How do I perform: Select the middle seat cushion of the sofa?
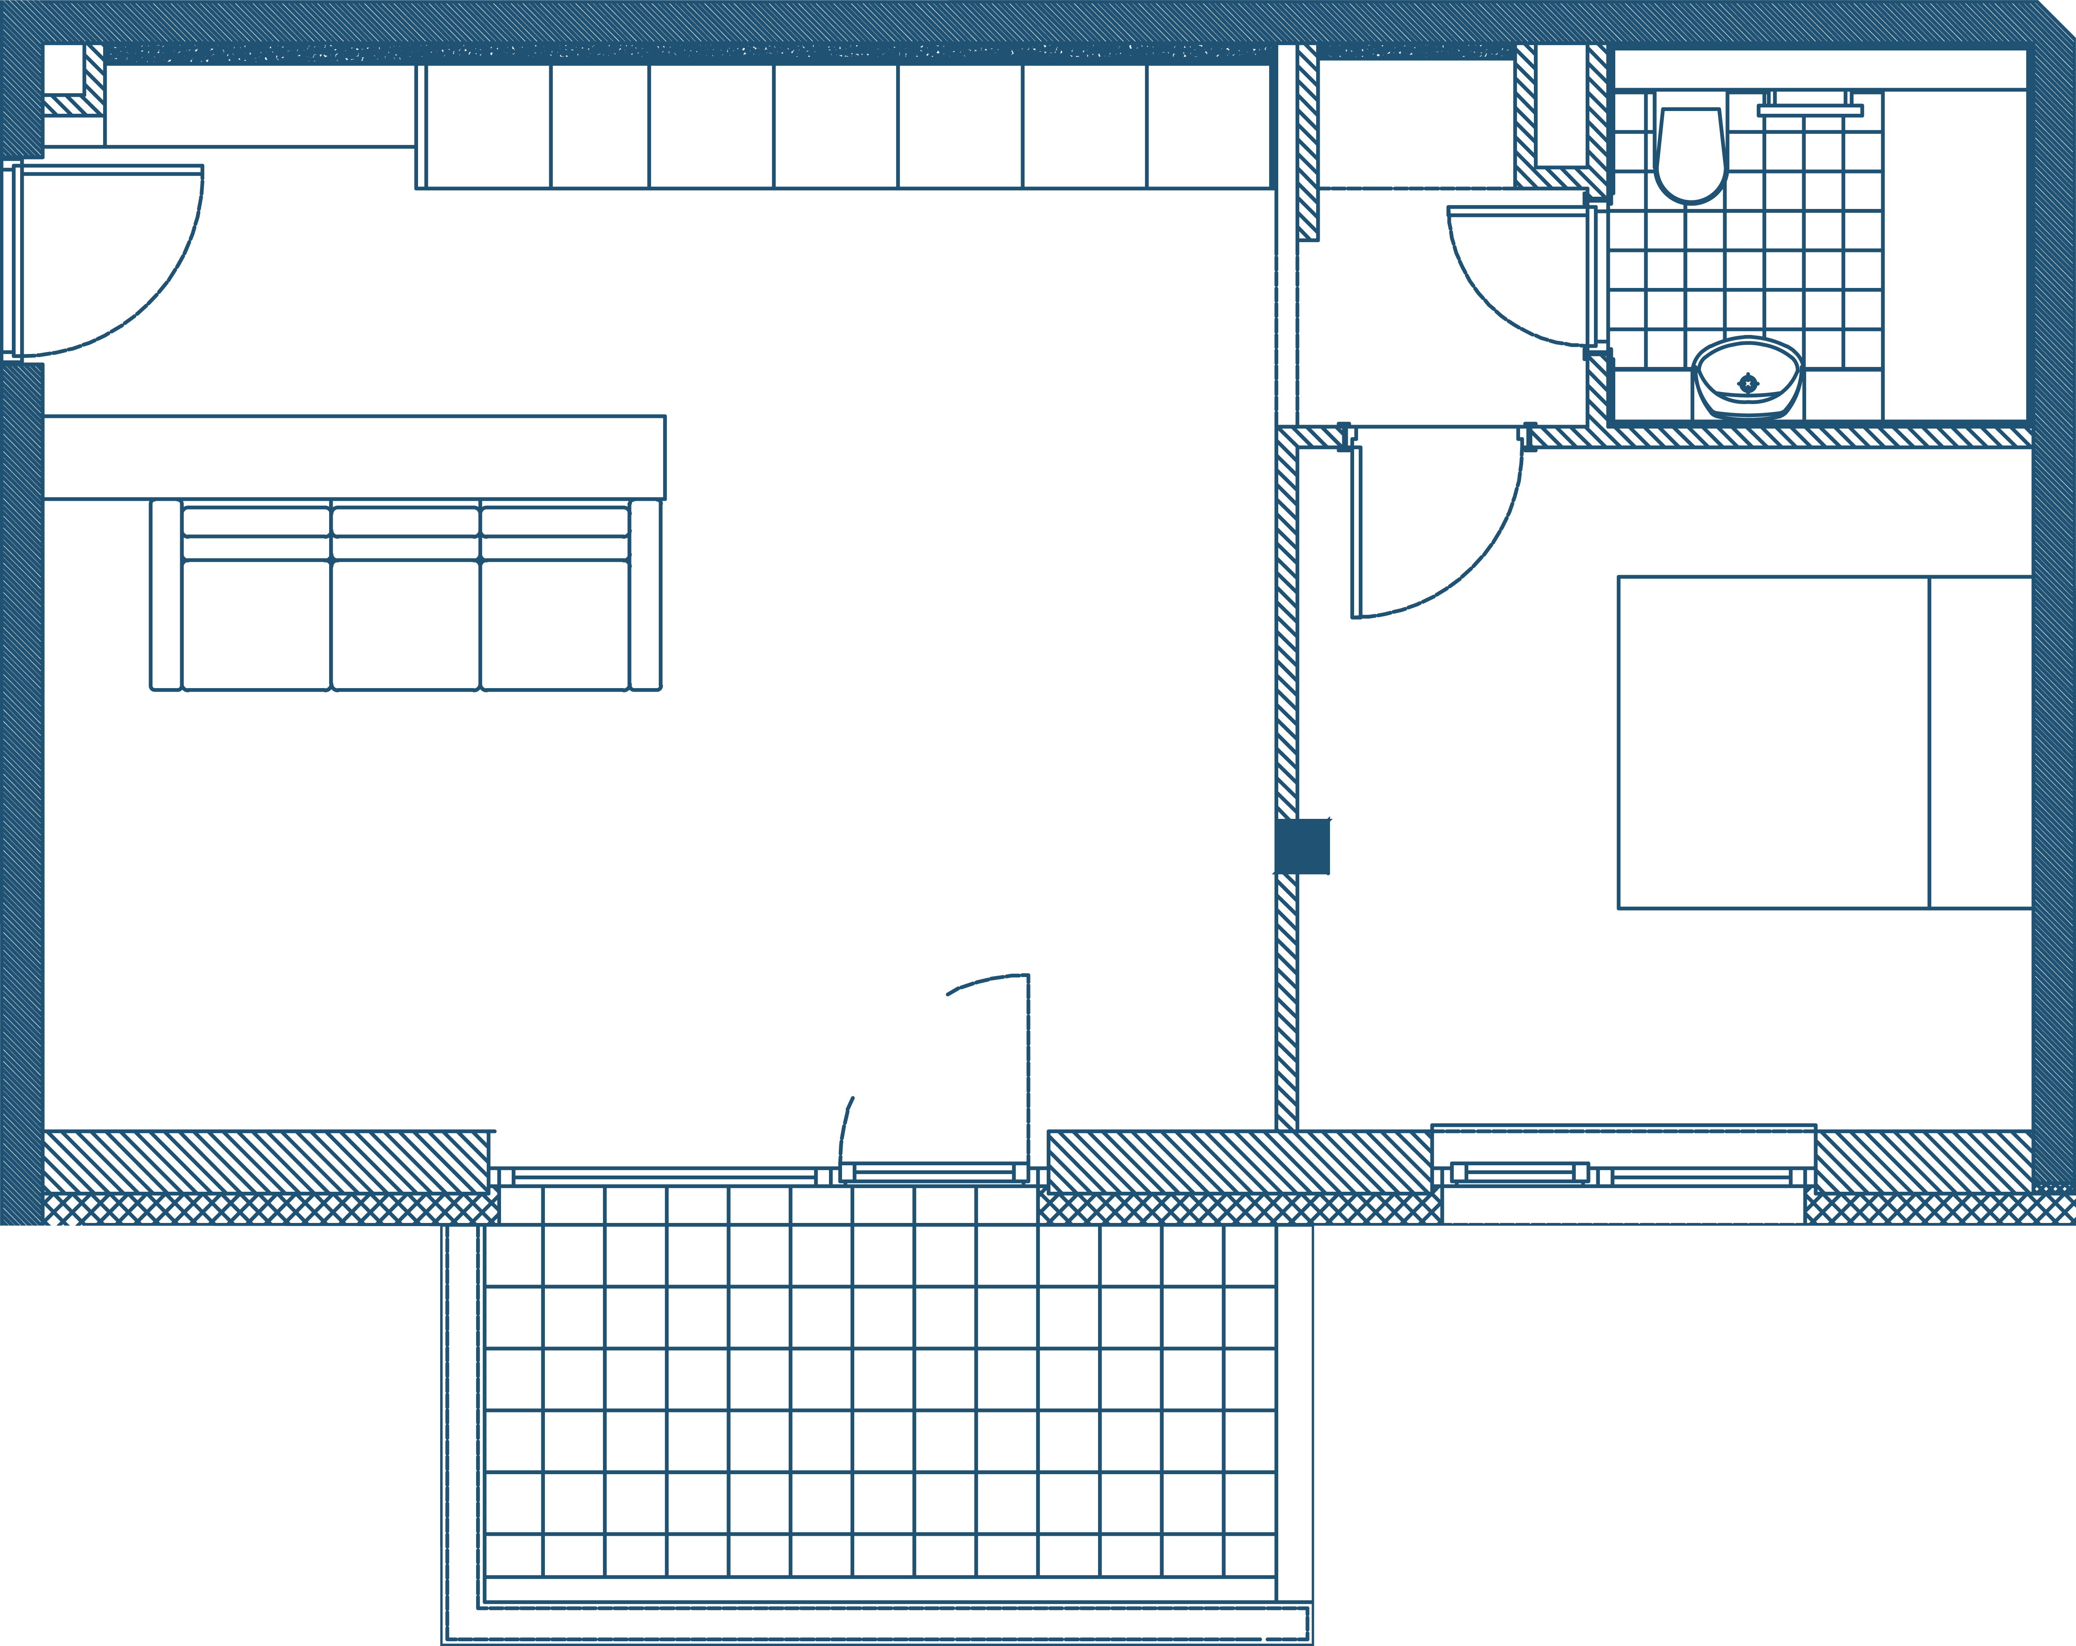coord(405,624)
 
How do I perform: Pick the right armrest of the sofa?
coord(645,595)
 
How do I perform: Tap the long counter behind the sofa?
coord(354,457)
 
